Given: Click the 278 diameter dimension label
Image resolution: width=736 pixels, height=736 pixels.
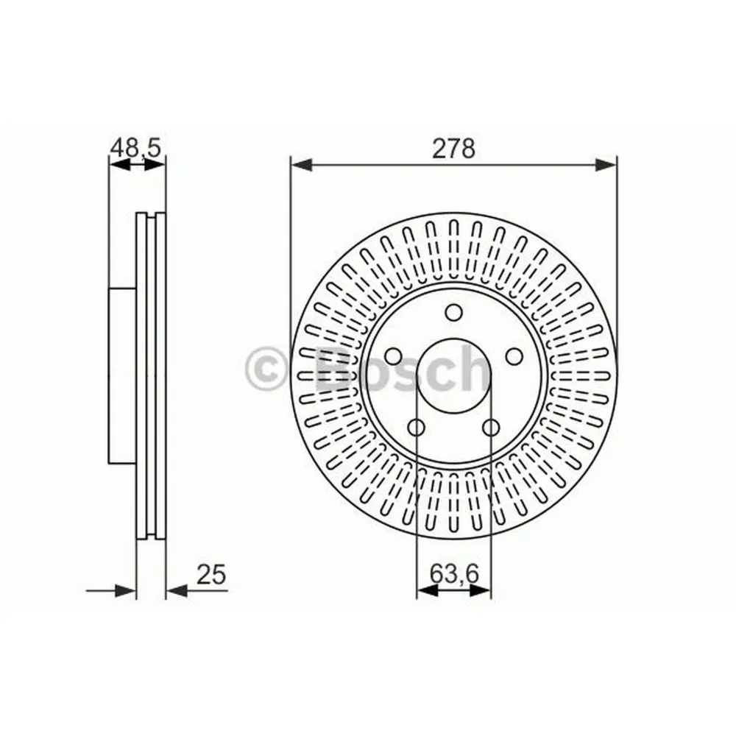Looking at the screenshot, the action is tap(453, 149).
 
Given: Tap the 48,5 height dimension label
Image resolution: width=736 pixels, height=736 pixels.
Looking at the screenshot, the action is tap(135, 148).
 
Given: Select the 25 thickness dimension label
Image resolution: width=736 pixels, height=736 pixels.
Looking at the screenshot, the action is tap(211, 574).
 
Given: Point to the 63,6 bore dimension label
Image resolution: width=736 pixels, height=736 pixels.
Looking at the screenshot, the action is tap(454, 573).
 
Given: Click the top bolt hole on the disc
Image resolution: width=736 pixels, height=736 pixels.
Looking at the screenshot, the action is tap(454, 313).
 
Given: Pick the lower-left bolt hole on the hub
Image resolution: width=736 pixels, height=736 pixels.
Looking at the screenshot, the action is tap(417, 428).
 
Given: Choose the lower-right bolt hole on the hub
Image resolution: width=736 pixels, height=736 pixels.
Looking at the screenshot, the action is tap(491, 428).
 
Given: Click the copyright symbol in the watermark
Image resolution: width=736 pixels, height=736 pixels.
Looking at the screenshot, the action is tap(266, 369).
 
